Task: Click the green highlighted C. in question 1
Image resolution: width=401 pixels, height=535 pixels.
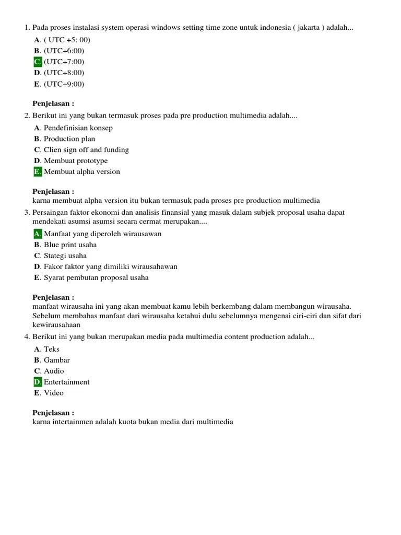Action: [x=38, y=62]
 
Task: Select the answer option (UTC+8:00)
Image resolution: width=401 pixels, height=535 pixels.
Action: [x=64, y=73]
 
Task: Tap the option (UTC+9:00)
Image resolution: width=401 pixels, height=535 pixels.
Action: [x=64, y=84]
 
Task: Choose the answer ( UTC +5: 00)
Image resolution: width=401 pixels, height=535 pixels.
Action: [x=67, y=40]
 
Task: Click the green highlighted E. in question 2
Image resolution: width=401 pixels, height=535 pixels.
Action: [x=38, y=171]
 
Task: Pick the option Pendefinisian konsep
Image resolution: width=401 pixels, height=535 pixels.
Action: [x=78, y=127]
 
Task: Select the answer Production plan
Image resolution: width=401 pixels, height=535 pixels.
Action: [x=69, y=138]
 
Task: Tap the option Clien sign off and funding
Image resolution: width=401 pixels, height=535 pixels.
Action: [x=86, y=149]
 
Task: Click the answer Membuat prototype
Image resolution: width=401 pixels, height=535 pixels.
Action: [x=76, y=160]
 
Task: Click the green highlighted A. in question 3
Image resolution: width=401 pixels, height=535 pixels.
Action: [x=38, y=234]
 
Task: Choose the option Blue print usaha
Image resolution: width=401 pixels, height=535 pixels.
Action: [x=70, y=245]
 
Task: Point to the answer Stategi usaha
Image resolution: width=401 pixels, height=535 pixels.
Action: [x=65, y=255]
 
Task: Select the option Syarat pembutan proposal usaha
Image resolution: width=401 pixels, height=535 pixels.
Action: [x=96, y=277]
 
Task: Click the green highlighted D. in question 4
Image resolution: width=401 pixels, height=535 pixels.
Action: [x=38, y=382]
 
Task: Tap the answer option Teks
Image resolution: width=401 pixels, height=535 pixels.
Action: [x=52, y=349]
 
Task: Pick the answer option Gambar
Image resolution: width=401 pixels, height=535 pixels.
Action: [x=56, y=360]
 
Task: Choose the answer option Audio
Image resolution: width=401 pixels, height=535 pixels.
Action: [x=54, y=371]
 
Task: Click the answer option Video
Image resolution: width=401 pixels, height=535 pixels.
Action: [x=54, y=393]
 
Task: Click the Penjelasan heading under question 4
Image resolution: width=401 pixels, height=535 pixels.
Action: [x=53, y=412]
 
